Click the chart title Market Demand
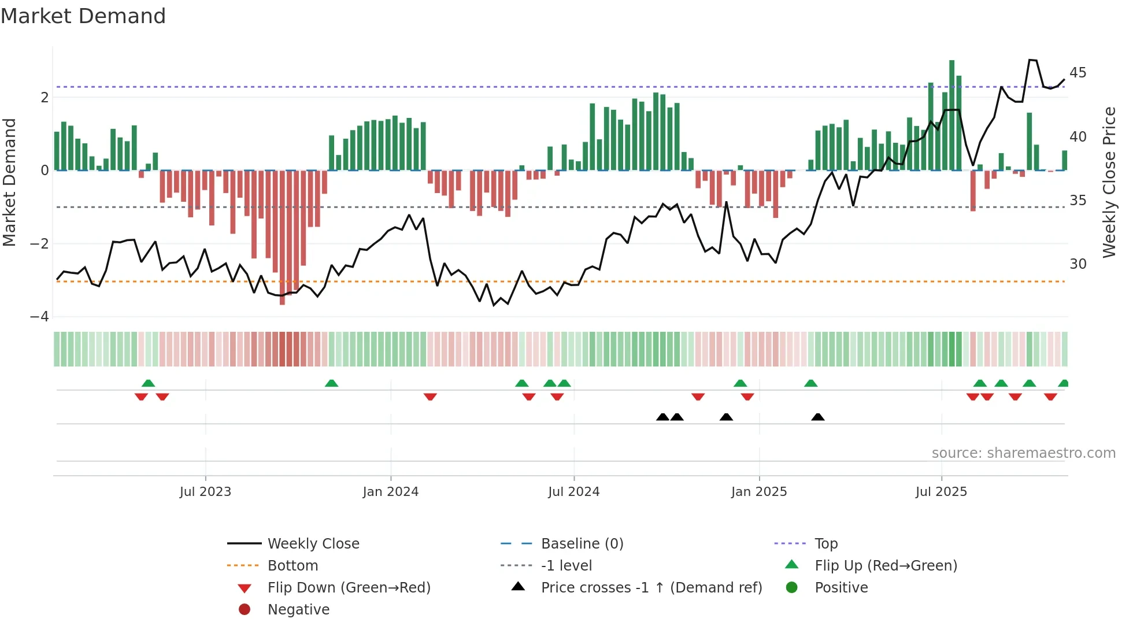[x=83, y=16]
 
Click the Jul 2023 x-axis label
[x=205, y=492]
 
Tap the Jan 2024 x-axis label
[x=390, y=492]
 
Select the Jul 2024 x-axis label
[x=573, y=492]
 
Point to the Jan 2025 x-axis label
[x=758, y=492]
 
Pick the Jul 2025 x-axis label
[x=941, y=492]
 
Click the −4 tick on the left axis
[x=39, y=317]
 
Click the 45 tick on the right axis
[x=1078, y=73]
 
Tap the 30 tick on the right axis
[x=1078, y=264]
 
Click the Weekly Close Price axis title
[x=1109, y=182]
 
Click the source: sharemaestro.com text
[x=1023, y=453]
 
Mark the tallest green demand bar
[x=951, y=116]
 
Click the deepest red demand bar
[x=282, y=237]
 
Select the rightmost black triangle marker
[x=817, y=417]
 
